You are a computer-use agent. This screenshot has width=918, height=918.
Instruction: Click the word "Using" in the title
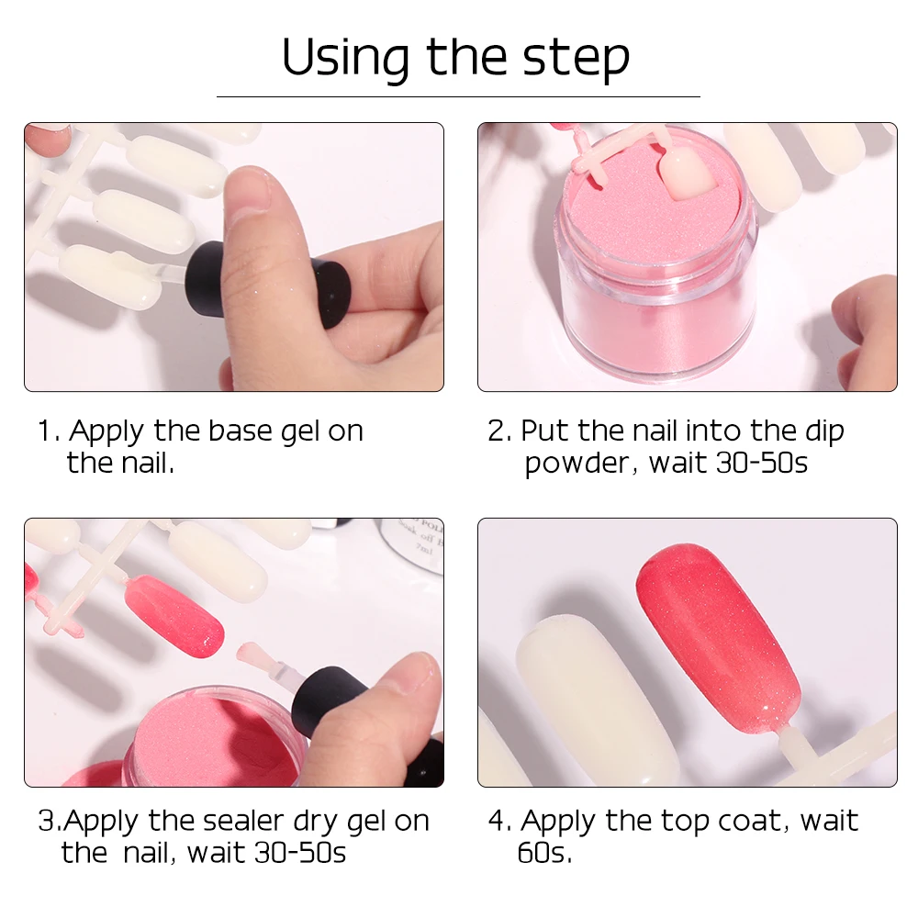pos(345,59)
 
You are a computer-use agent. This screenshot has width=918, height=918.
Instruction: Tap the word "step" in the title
pos(577,59)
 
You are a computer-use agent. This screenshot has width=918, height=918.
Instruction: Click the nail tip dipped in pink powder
pos(688,173)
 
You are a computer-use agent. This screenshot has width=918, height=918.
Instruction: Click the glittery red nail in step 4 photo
pos(718,638)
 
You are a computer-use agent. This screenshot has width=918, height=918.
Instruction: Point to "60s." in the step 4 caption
pos(544,853)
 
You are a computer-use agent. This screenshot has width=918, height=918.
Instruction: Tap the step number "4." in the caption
pos(500,821)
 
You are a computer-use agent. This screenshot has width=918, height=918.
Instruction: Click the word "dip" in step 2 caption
pos(824,432)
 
